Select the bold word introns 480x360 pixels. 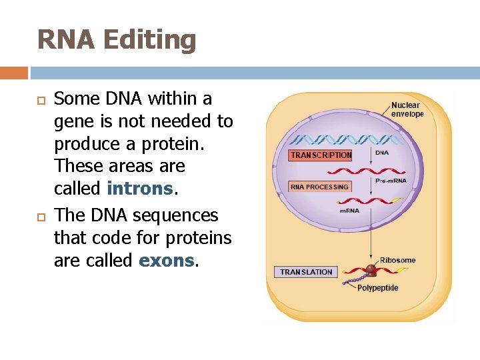pos(140,189)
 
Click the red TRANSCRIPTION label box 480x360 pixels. pos(321,155)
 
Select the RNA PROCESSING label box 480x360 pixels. pos(319,187)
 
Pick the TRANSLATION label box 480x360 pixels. pos(306,272)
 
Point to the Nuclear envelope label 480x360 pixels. pos(407,109)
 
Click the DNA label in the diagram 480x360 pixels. pos(382,153)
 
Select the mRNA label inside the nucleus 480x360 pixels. pos(349,211)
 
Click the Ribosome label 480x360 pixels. pos(397,260)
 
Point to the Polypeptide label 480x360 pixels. pos(378,288)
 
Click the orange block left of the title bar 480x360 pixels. pos(14,73)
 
